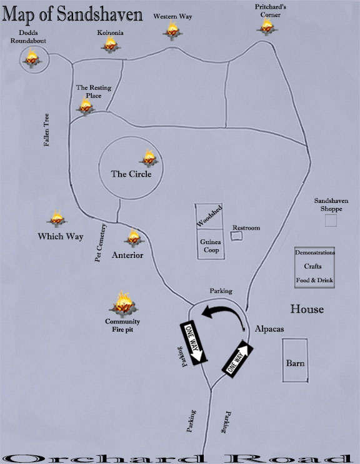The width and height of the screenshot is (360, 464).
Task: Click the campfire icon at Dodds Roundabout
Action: coord(32,58)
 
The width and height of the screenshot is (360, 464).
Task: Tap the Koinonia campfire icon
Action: coord(111,44)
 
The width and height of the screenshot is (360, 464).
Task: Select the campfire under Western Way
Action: coord(172,30)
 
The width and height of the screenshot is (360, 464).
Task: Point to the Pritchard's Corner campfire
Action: coord(267,26)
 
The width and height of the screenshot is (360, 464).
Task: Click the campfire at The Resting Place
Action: coord(86,106)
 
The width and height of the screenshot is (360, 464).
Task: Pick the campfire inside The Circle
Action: coord(149,158)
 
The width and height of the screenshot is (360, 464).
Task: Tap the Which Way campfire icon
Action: coord(57,219)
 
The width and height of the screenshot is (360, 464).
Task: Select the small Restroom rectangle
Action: coord(236,236)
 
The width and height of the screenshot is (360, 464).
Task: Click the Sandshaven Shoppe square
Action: coord(331,220)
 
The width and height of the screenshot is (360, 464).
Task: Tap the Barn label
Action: coord(295,363)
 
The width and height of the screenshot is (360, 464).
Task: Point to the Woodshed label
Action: coord(209,215)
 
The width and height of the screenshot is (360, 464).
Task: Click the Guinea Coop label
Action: coord(211,246)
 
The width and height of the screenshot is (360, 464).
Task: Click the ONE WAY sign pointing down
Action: coord(194,342)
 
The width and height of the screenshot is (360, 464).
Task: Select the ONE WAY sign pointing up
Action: coord(237,359)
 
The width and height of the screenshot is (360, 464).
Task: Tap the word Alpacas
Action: coord(269,328)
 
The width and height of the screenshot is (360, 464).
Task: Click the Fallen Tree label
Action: coord(46,130)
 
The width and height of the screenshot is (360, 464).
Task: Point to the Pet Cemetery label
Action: coord(100,243)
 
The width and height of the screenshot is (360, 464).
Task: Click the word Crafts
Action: coord(312,266)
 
